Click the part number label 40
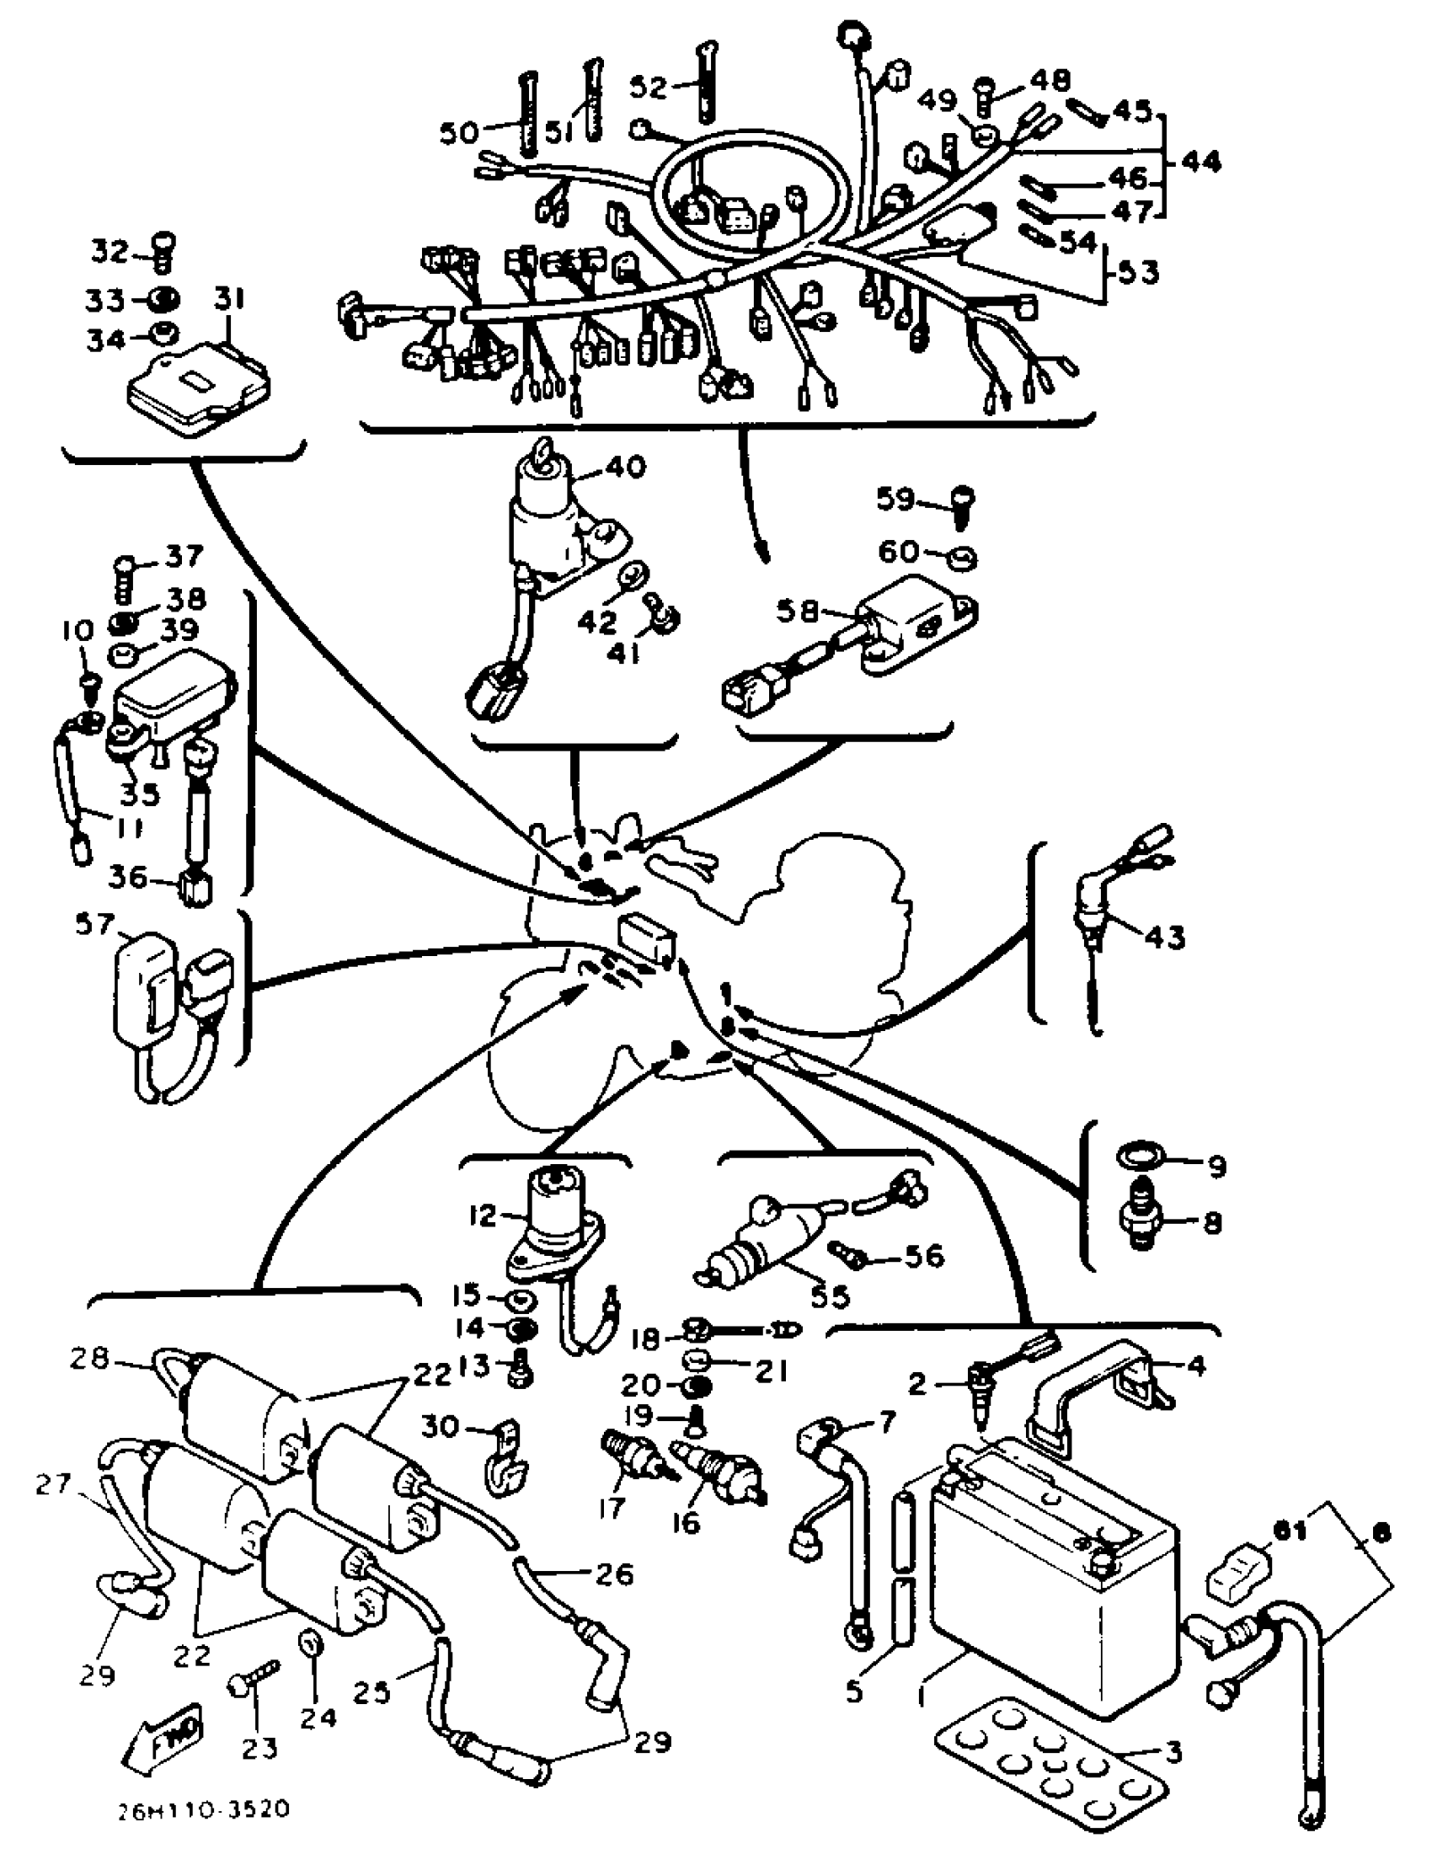[627, 467]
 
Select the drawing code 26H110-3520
[204, 1809]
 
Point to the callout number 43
[1165, 938]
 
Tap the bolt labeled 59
[963, 506]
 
